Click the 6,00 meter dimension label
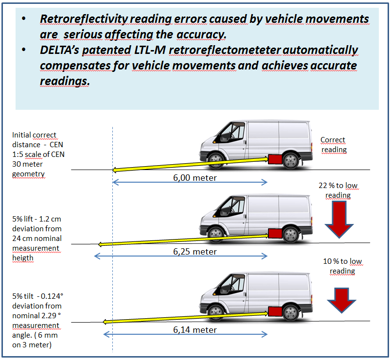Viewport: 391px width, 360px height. [x=195, y=178]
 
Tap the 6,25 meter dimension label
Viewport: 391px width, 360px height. [x=195, y=252]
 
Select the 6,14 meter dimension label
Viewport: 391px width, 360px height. [x=195, y=330]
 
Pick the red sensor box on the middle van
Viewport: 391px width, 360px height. [x=276, y=233]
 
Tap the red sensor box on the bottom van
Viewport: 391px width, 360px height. [x=276, y=311]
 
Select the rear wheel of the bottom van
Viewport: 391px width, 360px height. [x=291, y=312]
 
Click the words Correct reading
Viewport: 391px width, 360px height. [x=333, y=145]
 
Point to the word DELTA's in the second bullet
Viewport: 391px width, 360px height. [x=62, y=50]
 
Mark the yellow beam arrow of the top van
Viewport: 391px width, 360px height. [x=190, y=163]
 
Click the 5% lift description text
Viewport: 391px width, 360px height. [x=36, y=238]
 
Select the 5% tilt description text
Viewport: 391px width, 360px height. [x=36, y=320]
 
